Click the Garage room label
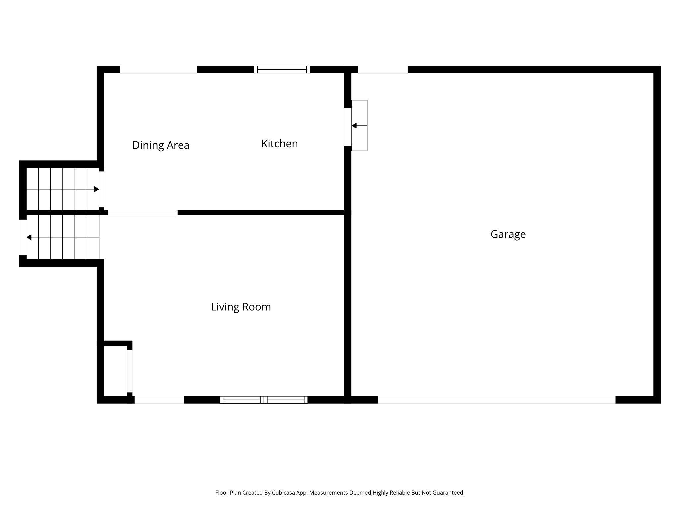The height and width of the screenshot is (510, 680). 508,234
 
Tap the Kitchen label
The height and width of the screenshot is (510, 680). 279,144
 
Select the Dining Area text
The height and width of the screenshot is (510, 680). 161,145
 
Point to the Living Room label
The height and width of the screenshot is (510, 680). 241,307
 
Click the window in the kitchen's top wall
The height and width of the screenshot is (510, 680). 282,69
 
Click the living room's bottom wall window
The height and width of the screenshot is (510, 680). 264,400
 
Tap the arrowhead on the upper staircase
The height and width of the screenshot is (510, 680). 96,189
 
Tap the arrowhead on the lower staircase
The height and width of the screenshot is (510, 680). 29,237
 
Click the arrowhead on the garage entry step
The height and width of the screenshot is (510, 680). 354,126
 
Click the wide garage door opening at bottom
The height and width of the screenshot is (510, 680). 496,400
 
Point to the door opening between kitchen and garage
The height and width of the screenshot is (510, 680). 347,126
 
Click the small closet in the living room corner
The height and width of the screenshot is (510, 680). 116,371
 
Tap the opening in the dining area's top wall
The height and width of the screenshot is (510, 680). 158,70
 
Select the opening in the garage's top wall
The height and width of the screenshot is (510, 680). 382,70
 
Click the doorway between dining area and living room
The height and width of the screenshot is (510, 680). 142,212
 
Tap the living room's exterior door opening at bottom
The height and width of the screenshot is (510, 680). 159,400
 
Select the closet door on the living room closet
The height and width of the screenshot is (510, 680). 130,371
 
